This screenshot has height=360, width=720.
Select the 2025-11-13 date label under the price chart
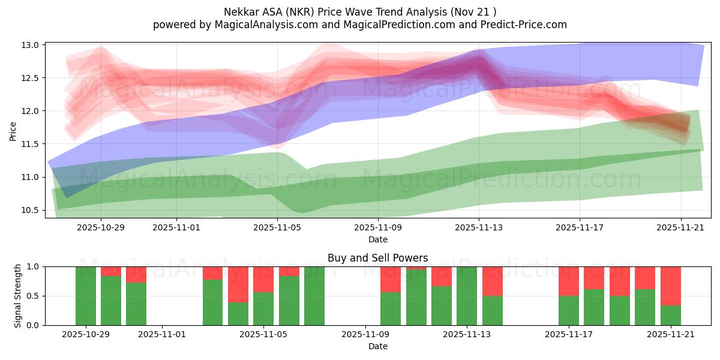tap(479, 227)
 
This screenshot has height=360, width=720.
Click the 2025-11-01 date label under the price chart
tap(176, 227)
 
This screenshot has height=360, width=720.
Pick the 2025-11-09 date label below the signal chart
tap(365, 335)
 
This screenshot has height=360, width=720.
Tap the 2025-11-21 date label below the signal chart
tap(670, 335)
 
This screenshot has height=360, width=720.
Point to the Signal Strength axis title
tap(18, 296)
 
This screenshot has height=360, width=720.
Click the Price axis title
tap(13, 130)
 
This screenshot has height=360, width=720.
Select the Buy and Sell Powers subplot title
tap(378, 258)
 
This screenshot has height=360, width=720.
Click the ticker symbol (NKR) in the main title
tap(290, 11)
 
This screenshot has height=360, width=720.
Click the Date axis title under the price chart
tap(378, 239)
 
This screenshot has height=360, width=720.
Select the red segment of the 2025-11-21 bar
tap(671, 286)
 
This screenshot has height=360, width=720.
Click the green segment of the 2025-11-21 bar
tap(671, 316)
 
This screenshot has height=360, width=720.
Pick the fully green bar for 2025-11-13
tap(467, 296)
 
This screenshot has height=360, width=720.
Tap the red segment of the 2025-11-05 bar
tap(263, 279)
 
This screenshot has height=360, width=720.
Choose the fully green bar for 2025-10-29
tap(86, 296)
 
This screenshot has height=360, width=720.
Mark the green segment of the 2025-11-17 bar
tap(569, 311)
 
